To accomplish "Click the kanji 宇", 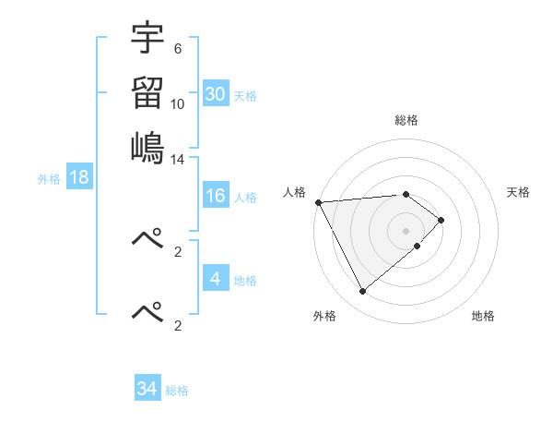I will click(x=148, y=40).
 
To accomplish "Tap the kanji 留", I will click(x=148, y=93).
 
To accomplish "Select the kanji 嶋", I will click(x=148, y=147).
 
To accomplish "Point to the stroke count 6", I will click(x=178, y=49).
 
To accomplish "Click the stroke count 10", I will click(x=178, y=103).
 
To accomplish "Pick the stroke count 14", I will click(x=178, y=159).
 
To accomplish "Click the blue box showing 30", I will click(x=216, y=93).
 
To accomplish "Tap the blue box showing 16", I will click(x=216, y=197).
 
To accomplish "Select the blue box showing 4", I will click(x=216, y=278).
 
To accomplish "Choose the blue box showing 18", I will click(x=79, y=178).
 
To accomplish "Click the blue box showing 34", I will click(x=147, y=389).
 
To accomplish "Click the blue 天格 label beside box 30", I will click(x=245, y=96).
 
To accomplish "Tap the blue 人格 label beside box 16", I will click(x=245, y=198).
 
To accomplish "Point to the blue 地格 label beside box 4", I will click(x=245, y=280).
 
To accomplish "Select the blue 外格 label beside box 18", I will click(x=49, y=179).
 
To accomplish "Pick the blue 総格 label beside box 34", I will click(x=177, y=391).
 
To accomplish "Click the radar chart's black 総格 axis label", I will click(x=406, y=120).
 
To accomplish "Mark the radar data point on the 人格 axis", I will click(x=318, y=202).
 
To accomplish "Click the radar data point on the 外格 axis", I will click(x=362, y=292).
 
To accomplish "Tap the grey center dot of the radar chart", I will click(x=406, y=230).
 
